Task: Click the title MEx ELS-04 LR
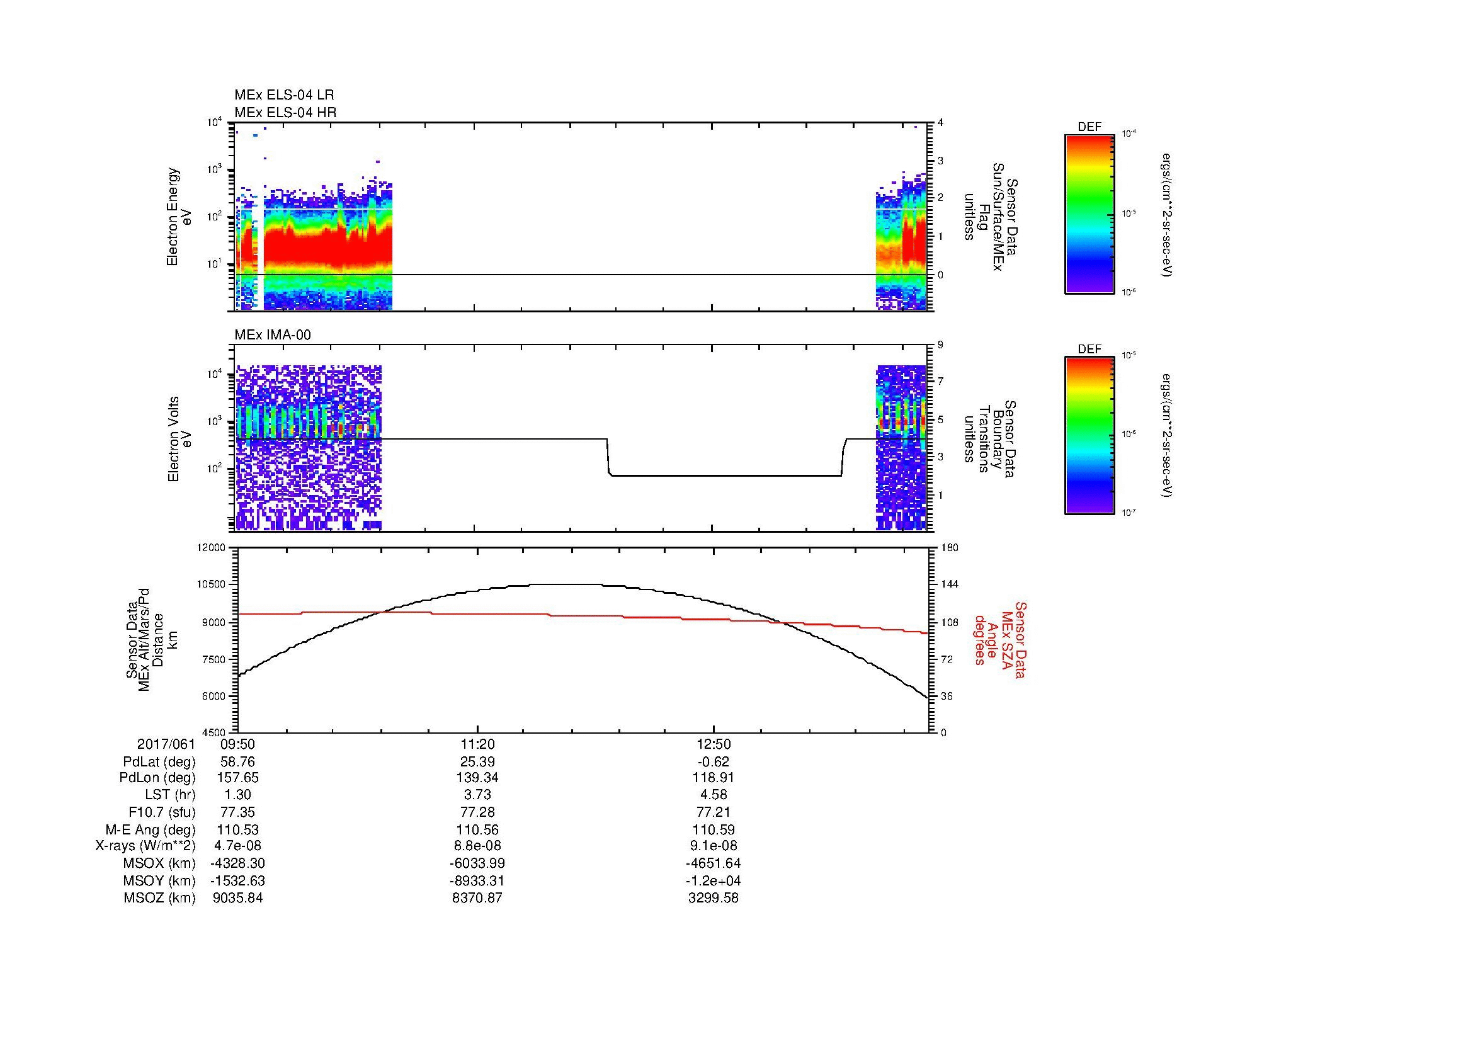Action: click(283, 95)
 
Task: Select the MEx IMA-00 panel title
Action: click(273, 335)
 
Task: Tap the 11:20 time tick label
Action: click(477, 744)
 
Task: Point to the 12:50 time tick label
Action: click(714, 744)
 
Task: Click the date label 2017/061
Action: click(166, 744)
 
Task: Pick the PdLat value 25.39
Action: click(477, 762)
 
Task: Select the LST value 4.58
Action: click(714, 795)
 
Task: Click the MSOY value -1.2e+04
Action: click(714, 880)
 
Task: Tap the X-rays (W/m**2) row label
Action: click(145, 846)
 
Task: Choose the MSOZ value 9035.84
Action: click(237, 898)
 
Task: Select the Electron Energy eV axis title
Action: click(179, 217)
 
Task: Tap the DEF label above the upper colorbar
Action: click(1089, 127)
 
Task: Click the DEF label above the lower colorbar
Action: click(1089, 350)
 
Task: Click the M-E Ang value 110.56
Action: click(477, 829)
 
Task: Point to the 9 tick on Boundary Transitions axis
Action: click(940, 345)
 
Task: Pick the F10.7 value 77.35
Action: click(237, 812)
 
